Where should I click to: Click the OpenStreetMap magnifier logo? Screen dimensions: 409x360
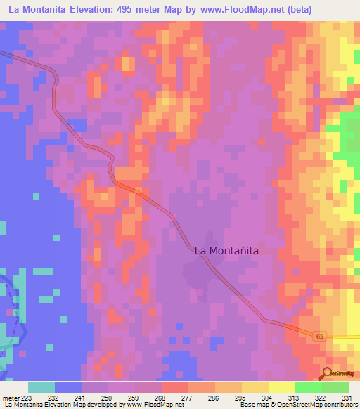point(327,372)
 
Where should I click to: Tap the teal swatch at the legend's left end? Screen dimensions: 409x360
point(41,388)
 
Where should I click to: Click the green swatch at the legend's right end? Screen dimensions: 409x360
point(335,388)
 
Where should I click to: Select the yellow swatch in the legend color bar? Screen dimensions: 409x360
point(281,388)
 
